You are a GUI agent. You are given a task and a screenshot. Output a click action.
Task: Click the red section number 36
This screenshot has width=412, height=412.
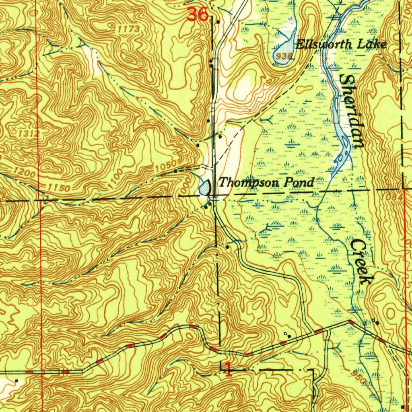click(198, 15)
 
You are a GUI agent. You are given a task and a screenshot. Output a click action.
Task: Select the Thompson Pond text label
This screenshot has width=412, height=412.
click(266, 183)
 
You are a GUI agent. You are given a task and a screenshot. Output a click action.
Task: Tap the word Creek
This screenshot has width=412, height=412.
click(361, 262)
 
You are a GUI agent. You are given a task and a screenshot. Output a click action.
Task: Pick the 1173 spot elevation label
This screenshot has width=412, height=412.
click(129, 29)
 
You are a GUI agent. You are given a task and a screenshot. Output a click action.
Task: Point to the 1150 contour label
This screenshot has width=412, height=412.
click(59, 187)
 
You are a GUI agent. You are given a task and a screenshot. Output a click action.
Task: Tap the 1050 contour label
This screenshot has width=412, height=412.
click(166, 165)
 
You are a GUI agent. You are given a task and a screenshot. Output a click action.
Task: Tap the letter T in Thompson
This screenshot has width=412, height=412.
click(222, 182)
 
